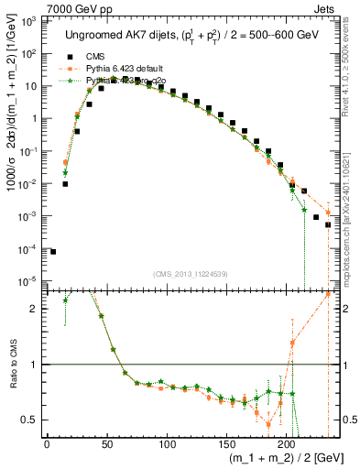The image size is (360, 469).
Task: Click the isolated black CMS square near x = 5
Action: click(53, 251)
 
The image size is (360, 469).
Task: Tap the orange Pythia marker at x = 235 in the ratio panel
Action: click(328, 293)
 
